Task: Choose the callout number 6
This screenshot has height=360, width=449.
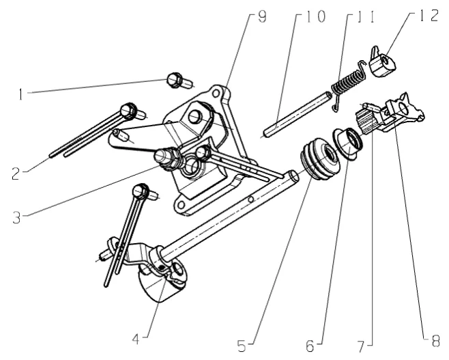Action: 310,346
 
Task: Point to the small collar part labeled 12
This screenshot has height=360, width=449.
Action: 383,63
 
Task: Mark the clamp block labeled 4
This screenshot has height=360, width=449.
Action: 162,279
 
